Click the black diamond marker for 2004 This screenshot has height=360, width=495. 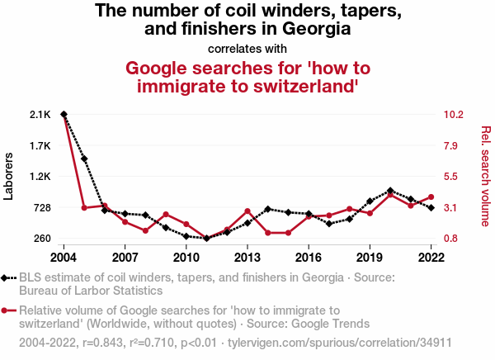coord(64,114)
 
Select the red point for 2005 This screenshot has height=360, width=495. coord(84,207)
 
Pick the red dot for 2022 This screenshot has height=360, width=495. coord(431,197)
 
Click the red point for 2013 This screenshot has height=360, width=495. coord(247,211)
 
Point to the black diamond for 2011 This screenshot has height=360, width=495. coord(206,238)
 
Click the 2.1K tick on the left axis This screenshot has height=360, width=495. coord(40,114)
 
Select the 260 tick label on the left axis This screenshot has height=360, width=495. coord(41,239)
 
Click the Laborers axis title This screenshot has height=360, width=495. coord(9,176)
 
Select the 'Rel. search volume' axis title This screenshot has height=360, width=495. coord(485,176)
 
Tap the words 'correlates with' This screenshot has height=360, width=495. coord(247,47)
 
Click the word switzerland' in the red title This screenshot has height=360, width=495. coord(300,86)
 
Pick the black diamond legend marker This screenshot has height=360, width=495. coord(7,278)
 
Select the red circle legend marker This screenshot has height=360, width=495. coord(7,310)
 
